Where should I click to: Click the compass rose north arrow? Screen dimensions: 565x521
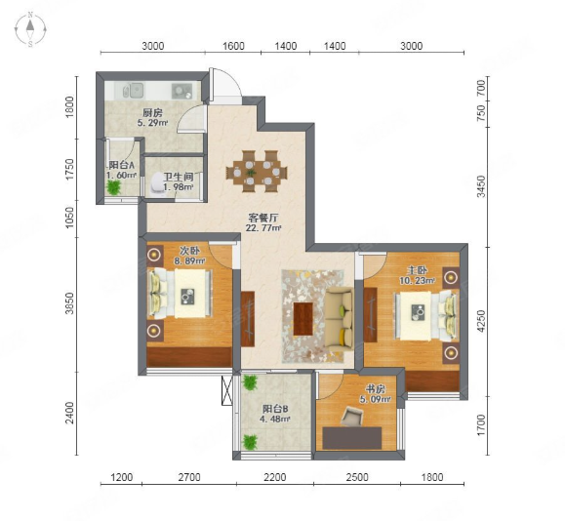(x=30, y=25)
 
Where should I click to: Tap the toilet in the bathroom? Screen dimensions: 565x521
(x=157, y=184)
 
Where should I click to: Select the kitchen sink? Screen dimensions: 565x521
(x=133, y=91)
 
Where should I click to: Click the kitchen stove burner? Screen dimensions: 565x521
(x=182, y=91)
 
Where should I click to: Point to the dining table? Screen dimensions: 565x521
(x=257, y=171)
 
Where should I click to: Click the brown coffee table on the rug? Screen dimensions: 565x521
(x=303, y=318)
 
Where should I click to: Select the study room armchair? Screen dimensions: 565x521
(x=351, y=417)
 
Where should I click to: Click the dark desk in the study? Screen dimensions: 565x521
(x=352, y=438)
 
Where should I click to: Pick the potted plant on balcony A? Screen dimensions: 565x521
(x=114, y=187)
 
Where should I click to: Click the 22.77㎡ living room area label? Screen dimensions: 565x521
(x=263, y=228)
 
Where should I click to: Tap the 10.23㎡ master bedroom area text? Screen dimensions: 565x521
(x=417, y=280)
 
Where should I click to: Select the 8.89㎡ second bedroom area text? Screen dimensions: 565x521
(x=190, y=260)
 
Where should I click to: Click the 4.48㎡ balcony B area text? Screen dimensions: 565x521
(x=275, y=419)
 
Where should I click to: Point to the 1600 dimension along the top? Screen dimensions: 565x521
(x=233, y=46)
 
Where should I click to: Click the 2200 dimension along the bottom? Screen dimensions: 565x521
(x=275, y=477)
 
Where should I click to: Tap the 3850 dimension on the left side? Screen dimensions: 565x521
(x=70, y=303)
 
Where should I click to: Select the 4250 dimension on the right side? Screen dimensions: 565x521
(x=481, y=321)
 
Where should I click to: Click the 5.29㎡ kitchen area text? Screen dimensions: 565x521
(x=153, y=123)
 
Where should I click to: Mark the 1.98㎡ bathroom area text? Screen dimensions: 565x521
(x=179, y=187)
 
